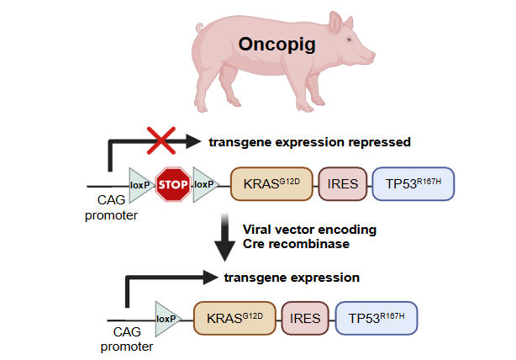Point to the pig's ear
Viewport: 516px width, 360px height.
tap(337, 24)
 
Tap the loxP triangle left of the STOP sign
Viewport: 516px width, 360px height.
tap(140, 183)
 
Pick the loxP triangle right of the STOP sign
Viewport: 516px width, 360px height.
tap(203, 183)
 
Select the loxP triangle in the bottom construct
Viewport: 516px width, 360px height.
tap(167, 318)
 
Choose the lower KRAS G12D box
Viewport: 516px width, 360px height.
tap(234, 319)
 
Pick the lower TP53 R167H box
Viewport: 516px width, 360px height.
tap(376, 319)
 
